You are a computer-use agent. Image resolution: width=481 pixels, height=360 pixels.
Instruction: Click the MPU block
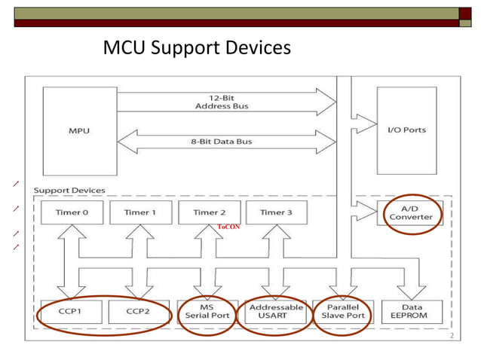click(79, 130)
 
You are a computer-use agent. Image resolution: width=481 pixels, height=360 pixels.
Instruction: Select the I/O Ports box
click(406, 130)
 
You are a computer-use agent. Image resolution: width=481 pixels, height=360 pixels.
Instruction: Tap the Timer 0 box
click(72, 212)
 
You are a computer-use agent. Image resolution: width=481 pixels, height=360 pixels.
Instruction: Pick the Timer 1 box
click(140, 212)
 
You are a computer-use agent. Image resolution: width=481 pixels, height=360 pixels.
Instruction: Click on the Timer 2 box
click(209, 212)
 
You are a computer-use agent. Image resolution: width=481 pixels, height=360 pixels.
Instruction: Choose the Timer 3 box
click(277, 212)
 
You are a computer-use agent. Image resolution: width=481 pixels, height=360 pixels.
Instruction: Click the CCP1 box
click(71, 311)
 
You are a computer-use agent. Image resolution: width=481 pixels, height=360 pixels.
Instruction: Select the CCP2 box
click(137, 311)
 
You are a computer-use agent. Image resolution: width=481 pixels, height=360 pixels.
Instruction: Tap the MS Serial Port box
click(208, 311)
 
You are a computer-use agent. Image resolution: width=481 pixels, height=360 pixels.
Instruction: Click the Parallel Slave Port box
click(344, 311)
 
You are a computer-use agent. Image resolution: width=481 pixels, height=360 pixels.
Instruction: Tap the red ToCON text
click(228, 226)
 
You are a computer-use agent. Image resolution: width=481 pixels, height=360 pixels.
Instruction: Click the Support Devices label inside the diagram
click(69, 190)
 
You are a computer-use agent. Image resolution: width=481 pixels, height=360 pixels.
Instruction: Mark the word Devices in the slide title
click(253, 49)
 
